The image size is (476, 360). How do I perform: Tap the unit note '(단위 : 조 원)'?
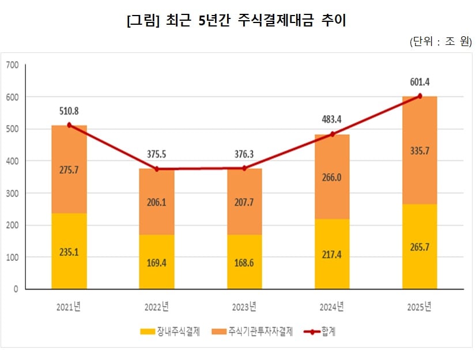point(441,42)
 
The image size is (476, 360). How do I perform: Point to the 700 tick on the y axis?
point(12,65)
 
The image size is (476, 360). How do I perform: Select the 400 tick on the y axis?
point(12,161)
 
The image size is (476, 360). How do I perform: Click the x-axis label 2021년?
point(69,306)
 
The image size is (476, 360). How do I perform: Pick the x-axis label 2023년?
point(244,306)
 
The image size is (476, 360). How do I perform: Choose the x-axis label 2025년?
point(419,306)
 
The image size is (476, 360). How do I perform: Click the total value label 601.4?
point(419,82)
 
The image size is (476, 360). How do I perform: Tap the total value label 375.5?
point(156,154)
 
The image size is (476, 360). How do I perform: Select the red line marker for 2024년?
point(332,134)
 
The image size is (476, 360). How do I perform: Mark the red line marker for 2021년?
point(69,125)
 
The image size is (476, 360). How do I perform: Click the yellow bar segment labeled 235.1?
point(69,251)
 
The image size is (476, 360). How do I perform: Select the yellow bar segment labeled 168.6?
point(244,262)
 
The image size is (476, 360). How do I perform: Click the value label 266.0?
point(331,177)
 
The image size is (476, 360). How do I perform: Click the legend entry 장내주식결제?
point(171,332)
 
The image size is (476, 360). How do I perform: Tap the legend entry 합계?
point(323,332)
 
